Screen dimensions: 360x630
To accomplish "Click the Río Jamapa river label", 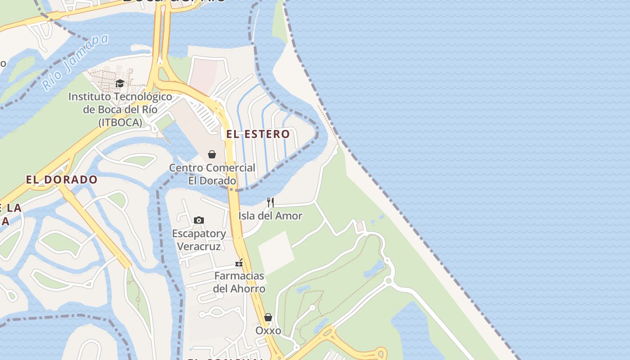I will pos(76,62).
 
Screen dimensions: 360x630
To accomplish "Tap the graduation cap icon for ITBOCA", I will pos(120,83).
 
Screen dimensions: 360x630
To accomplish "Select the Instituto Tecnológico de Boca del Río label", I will pos(120,109).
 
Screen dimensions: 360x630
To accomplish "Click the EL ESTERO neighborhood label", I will pos(258,134).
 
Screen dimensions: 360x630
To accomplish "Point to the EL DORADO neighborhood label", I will pos(62,180).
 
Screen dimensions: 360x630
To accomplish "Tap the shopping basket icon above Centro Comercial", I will pos(212,154).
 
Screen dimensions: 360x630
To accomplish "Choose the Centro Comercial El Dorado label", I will pos(212,174).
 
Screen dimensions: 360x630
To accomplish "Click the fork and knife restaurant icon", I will pos(270,202).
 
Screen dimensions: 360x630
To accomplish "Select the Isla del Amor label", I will pos(270,216).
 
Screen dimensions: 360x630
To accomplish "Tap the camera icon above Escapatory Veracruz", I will pos(199,220).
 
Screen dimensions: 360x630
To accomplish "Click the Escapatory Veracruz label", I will pos(199,240).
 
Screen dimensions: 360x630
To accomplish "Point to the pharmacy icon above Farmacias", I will pos(239,263).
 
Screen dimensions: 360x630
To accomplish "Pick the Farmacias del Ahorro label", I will pos(239,282).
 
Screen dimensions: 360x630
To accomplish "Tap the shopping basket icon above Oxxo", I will pos(268,317).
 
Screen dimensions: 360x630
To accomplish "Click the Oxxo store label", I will pos(268,331).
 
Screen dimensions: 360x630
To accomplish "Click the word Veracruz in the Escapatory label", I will pos(199,247).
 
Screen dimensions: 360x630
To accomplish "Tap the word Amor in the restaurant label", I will pos(288,216).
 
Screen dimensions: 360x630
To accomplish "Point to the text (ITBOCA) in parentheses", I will pos(120,122).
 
